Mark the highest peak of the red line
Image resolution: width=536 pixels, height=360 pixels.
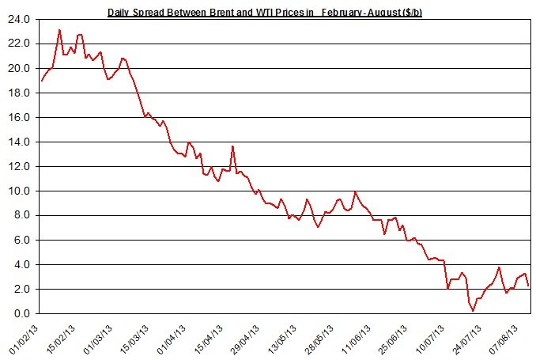[60, 30]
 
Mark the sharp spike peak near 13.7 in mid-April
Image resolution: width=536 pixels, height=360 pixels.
[232, 146]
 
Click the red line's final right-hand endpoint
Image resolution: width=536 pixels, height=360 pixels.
[528, 286]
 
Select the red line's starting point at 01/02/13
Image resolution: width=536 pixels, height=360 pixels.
[41, 81]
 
